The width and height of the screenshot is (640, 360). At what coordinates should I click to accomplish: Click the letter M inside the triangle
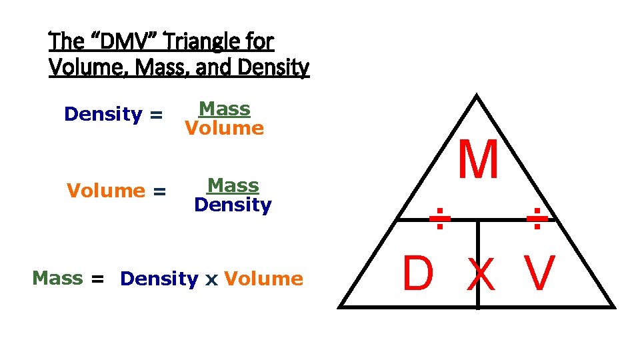(478, 160)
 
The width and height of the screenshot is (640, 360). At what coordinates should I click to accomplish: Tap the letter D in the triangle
(418, 273)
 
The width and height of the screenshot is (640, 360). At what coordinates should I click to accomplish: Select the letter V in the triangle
(539, 273)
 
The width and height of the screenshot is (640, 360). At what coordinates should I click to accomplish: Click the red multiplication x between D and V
(481, 275)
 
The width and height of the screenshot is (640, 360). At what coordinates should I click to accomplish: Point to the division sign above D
(437, 218)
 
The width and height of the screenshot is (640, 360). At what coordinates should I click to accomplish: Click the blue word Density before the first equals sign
(103, 115)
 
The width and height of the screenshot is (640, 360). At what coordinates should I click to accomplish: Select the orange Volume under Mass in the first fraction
(225, 128)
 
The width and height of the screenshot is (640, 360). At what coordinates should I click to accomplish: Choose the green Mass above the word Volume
(225, 109)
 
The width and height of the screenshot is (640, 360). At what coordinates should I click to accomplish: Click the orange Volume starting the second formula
(106, 191)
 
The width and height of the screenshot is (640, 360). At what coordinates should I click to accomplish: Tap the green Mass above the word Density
(233, 185)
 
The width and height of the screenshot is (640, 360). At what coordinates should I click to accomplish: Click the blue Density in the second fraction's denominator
(233, 204)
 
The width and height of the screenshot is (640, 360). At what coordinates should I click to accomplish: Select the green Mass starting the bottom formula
(57, 278)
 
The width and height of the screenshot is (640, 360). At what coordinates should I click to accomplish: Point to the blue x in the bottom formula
(211, 279)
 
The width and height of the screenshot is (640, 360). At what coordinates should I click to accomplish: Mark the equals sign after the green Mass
(98, 279)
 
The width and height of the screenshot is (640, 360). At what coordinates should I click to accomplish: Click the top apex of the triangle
(477, 97)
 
